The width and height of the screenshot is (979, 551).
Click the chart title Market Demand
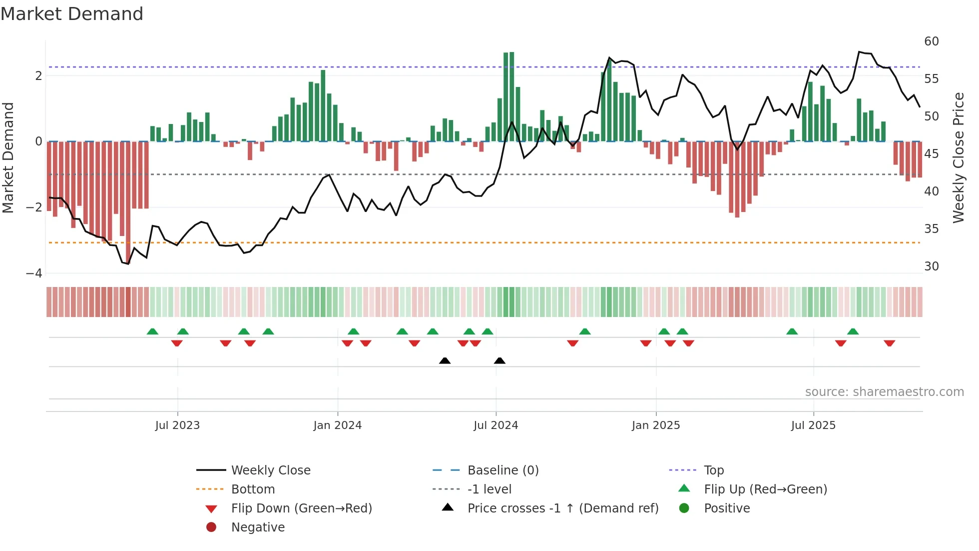point(72,14)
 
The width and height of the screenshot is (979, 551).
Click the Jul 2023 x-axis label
point(177,425)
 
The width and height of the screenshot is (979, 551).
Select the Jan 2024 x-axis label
point(337,425)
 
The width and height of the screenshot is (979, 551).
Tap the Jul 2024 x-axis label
point(495,425)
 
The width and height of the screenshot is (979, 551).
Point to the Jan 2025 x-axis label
point(655,425)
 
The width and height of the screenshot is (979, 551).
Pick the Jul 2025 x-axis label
point(813,425)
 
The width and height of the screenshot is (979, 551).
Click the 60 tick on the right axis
point(931,41)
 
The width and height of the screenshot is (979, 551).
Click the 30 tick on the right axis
point(931,266)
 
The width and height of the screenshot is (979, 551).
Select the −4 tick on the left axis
point(34,273)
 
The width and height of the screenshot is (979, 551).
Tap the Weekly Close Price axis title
point(958,157)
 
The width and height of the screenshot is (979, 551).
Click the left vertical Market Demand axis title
point(8,157)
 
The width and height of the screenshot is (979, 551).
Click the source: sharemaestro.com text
point(884,392)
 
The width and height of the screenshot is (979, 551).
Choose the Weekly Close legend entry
point(270,470)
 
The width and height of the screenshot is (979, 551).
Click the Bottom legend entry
point(253,489)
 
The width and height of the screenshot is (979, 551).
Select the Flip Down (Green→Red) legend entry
point(301,508)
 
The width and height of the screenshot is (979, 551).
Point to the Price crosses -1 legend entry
point(562,508)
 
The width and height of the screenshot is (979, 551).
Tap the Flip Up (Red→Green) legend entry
point(765,489)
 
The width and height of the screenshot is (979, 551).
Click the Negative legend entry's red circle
point(211,527)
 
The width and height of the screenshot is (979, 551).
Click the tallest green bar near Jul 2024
point(511,96)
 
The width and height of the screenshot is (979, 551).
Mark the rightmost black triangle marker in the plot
point(499,360)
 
